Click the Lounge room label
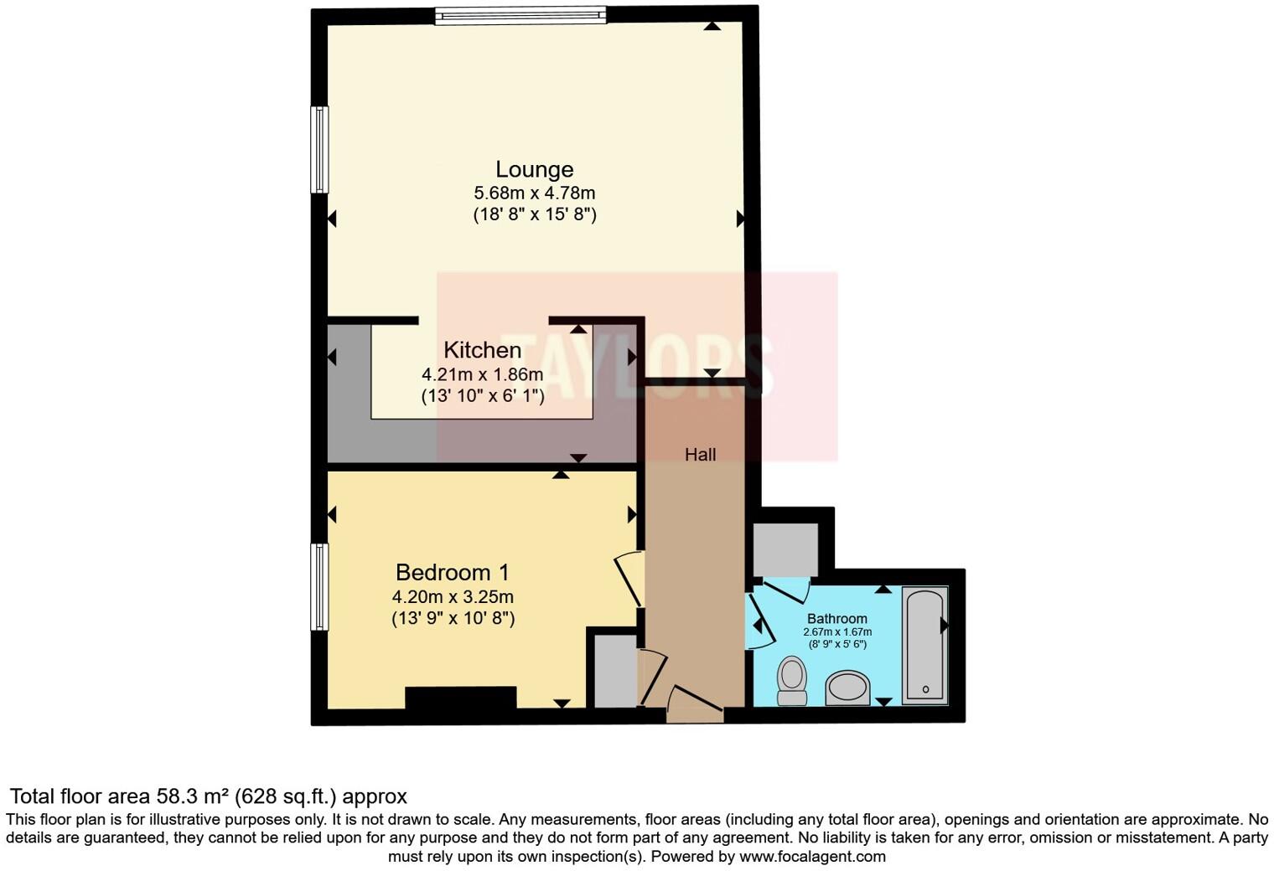pos(534,170)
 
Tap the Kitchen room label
pos(482,350)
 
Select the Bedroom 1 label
pos(452,573)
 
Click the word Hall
pos(700,455)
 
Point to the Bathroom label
pos(836,619)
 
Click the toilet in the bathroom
pos(791,679)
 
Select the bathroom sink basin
pos(848,688)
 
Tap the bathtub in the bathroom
pos(924,644)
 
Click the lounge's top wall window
pos(520,15)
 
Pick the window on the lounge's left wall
pos(319,149)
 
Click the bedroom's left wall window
pos(319,586)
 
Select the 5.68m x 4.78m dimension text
pos(534,193)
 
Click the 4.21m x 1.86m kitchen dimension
pos(482,374)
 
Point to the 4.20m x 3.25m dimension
pos(453,597)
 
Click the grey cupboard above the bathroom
pos(785,549)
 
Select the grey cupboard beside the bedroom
pos(615,671)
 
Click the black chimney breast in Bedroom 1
pos(460,697)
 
